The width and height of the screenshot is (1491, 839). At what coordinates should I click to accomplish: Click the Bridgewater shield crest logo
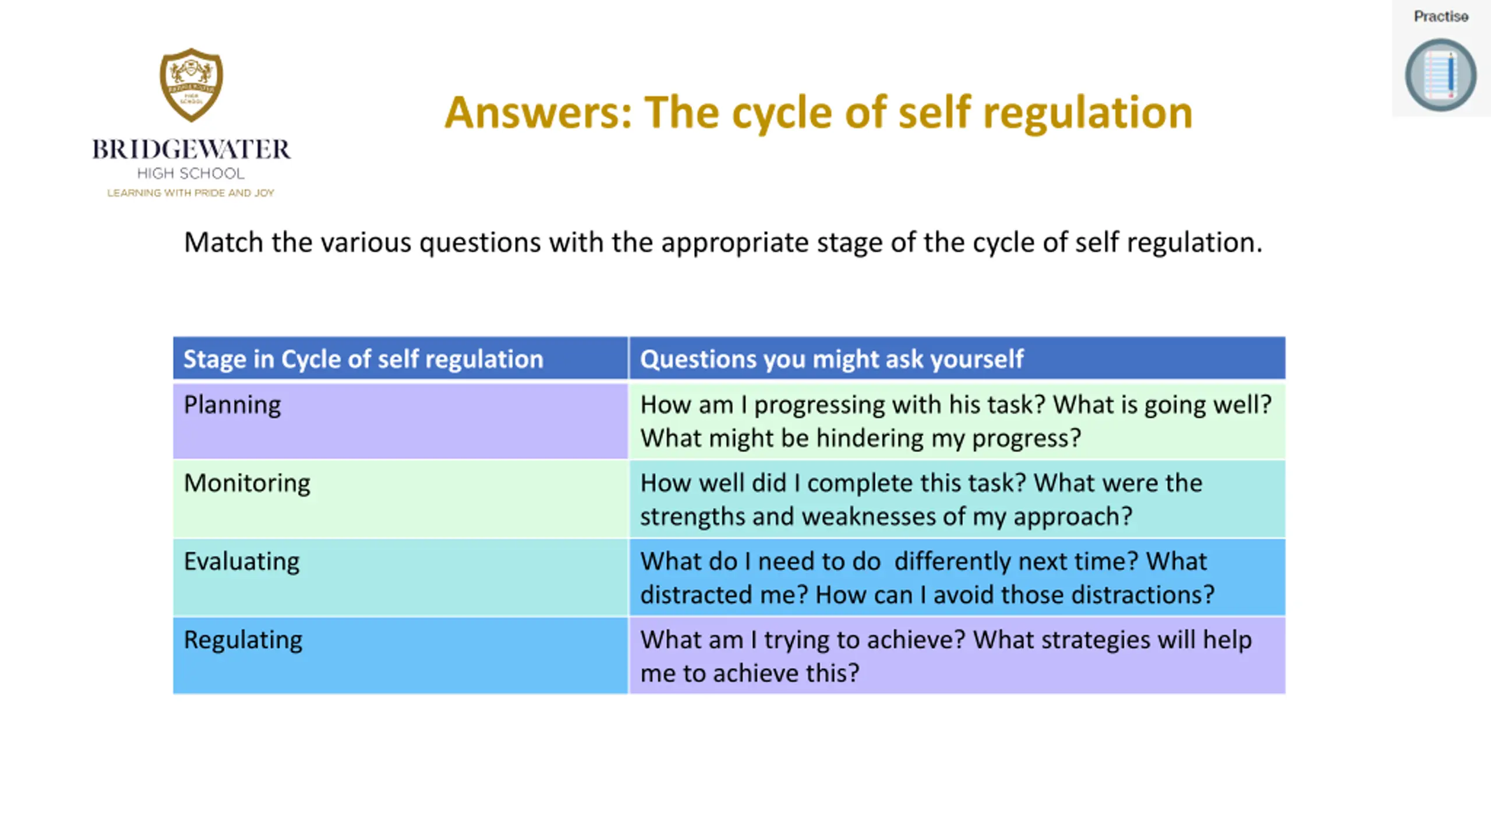(191, 85)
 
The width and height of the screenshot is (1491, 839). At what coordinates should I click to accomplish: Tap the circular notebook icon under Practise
(1440, 75)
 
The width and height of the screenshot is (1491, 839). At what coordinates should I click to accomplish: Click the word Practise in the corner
(1441, 16)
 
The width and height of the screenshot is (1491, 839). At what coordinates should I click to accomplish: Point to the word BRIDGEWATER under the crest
(191, 150)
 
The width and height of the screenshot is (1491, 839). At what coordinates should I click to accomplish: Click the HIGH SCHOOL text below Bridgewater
(191, 174)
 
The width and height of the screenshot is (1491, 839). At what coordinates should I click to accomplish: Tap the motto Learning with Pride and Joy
(190, 193)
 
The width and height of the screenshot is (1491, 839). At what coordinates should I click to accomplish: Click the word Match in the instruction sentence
(224, 242)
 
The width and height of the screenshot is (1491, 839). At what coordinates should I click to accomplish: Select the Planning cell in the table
(401, 421)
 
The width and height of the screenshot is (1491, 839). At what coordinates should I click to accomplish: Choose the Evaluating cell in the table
(401, 577)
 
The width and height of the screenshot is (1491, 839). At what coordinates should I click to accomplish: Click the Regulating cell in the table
(401, 655)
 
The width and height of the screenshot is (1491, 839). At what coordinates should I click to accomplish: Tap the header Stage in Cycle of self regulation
(363, 359)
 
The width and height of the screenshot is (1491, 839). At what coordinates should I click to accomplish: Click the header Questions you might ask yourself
(832, 359)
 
